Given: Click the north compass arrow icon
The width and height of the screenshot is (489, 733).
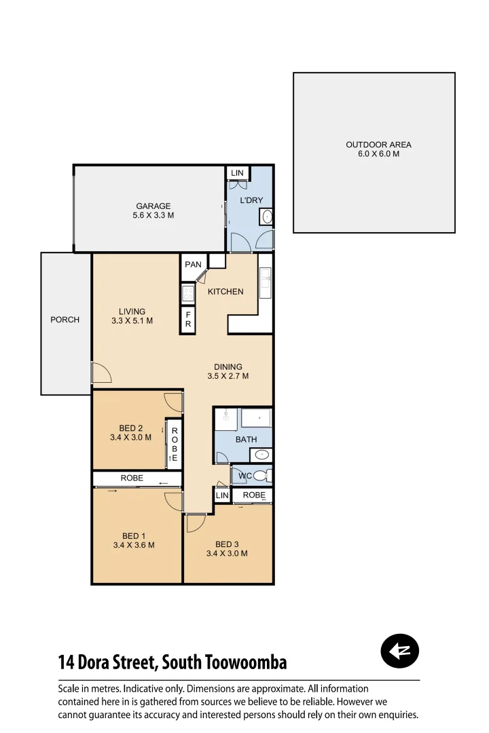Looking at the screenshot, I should tap(400, 652).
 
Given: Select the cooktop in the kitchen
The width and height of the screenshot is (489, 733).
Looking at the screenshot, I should tap(188, 294).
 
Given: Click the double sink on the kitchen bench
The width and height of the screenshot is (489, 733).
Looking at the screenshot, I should tap(265, 282).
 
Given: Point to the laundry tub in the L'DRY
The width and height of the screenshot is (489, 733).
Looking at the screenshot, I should tap(266, 217).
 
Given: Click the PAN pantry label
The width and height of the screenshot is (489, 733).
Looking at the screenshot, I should tap(193, 265).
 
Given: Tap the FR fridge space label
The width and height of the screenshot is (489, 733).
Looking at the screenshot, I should tap(188, 320).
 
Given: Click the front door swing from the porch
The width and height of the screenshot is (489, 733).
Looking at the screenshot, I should tap(101, 373).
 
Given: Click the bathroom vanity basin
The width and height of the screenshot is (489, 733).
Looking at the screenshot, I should tap(263, 455).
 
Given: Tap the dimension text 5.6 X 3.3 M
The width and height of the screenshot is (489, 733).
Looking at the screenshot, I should tap(153, 216).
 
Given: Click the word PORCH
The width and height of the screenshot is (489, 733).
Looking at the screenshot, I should tap(65, 320).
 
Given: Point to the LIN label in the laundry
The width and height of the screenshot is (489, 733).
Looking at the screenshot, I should tap(236, 174).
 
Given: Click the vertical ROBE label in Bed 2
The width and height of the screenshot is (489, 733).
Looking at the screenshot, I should tap(174, 445).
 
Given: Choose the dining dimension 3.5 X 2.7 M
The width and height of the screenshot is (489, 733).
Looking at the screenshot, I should tap(228, 376).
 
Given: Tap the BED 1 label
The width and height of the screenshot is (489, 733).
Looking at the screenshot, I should tap(134, 536).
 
